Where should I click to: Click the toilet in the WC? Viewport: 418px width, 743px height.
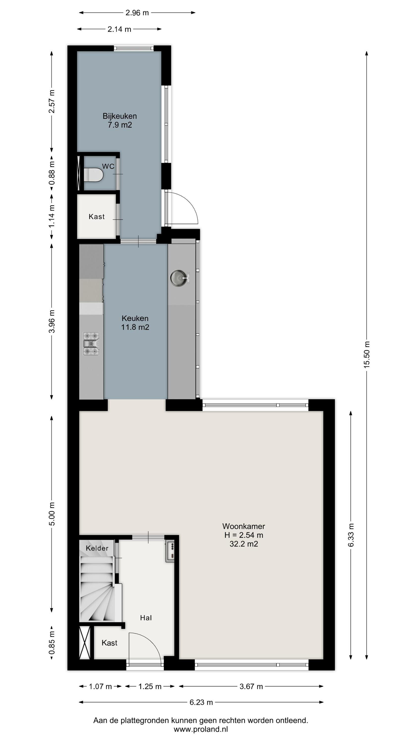(x=93, y=175)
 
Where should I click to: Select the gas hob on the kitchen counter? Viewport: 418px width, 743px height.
(x=91, y=344)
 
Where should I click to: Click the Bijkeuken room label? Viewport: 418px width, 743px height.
(x=120, y=116)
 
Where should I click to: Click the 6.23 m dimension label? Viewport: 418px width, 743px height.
(x=201, y=702)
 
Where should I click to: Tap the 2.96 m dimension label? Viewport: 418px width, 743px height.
(x=137, y=13)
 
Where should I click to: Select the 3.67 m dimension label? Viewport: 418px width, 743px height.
(x=251, y=687)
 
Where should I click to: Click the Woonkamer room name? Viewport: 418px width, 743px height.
(x=243, y=526)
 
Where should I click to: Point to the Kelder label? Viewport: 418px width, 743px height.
(x=97, y=548)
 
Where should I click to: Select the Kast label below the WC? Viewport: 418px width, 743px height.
(x=97, y=217)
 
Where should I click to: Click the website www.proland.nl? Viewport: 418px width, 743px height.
(x=201, y=729)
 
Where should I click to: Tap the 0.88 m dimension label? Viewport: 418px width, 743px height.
(x=52, y=173)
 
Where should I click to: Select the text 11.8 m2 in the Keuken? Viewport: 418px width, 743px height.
(x=135, y=327)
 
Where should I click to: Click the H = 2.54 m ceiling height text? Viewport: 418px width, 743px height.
(x=244, y=535)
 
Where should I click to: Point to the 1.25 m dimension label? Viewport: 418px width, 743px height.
(x=150, y=687)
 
